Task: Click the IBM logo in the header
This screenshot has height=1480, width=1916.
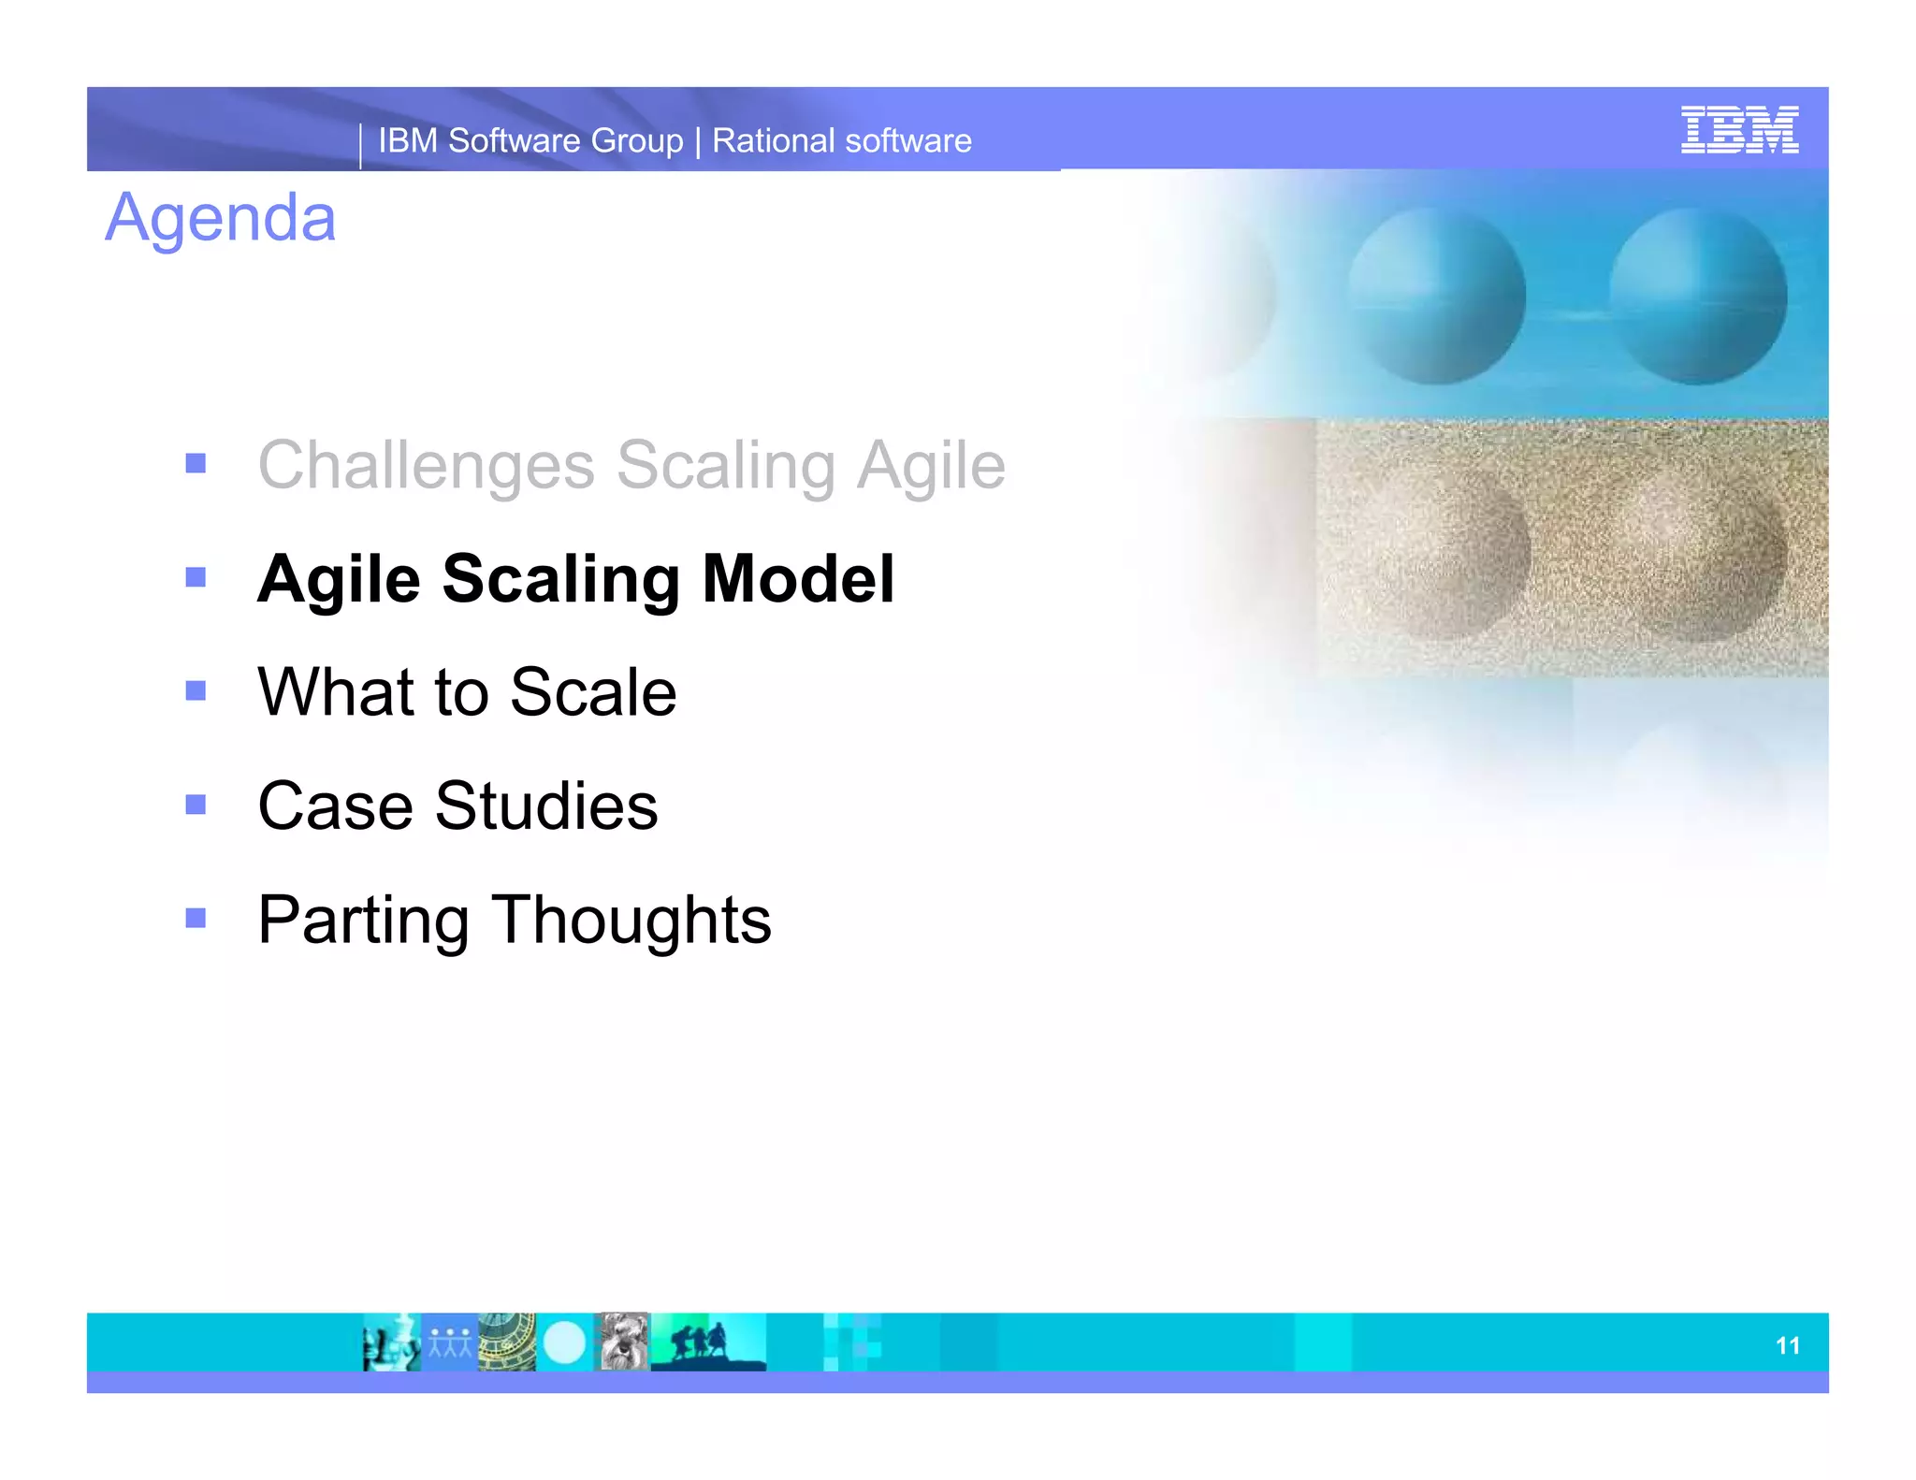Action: click(x=1738, y=130)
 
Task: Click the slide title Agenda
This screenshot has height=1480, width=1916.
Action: click(x=220, y=218)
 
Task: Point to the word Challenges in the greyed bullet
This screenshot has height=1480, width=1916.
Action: click(x=427, y=465)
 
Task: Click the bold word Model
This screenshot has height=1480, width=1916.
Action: click(x=798, y=579)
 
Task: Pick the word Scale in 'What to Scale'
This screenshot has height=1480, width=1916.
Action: click(x=593, y=692)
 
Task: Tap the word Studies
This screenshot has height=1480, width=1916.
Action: click(x=546, y=805)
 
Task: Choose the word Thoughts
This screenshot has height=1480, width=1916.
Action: click(x=631, y=920)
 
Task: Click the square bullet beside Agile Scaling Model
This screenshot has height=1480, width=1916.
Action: click(x=196, y=577)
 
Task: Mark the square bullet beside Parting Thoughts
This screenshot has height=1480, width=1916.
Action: click(x=196, y=918)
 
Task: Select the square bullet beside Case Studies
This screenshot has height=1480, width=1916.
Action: click(x=196, y=805)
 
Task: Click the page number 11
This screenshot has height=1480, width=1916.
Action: click(x=1787, y=1345)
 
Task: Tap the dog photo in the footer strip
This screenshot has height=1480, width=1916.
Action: click(x=623, y=1342)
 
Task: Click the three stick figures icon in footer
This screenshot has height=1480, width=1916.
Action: click(x=450, y=1342)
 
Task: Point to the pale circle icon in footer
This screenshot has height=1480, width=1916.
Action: click(x=564, y=1342)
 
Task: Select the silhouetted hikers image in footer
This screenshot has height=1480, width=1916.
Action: click(x=707, y=1342)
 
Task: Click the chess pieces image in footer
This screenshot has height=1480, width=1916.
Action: click(x=391, y=1342)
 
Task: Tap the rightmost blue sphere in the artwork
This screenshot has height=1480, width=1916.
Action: click(x=1698, y=297)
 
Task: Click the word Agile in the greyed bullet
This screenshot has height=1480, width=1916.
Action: click(x=931, y=465)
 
